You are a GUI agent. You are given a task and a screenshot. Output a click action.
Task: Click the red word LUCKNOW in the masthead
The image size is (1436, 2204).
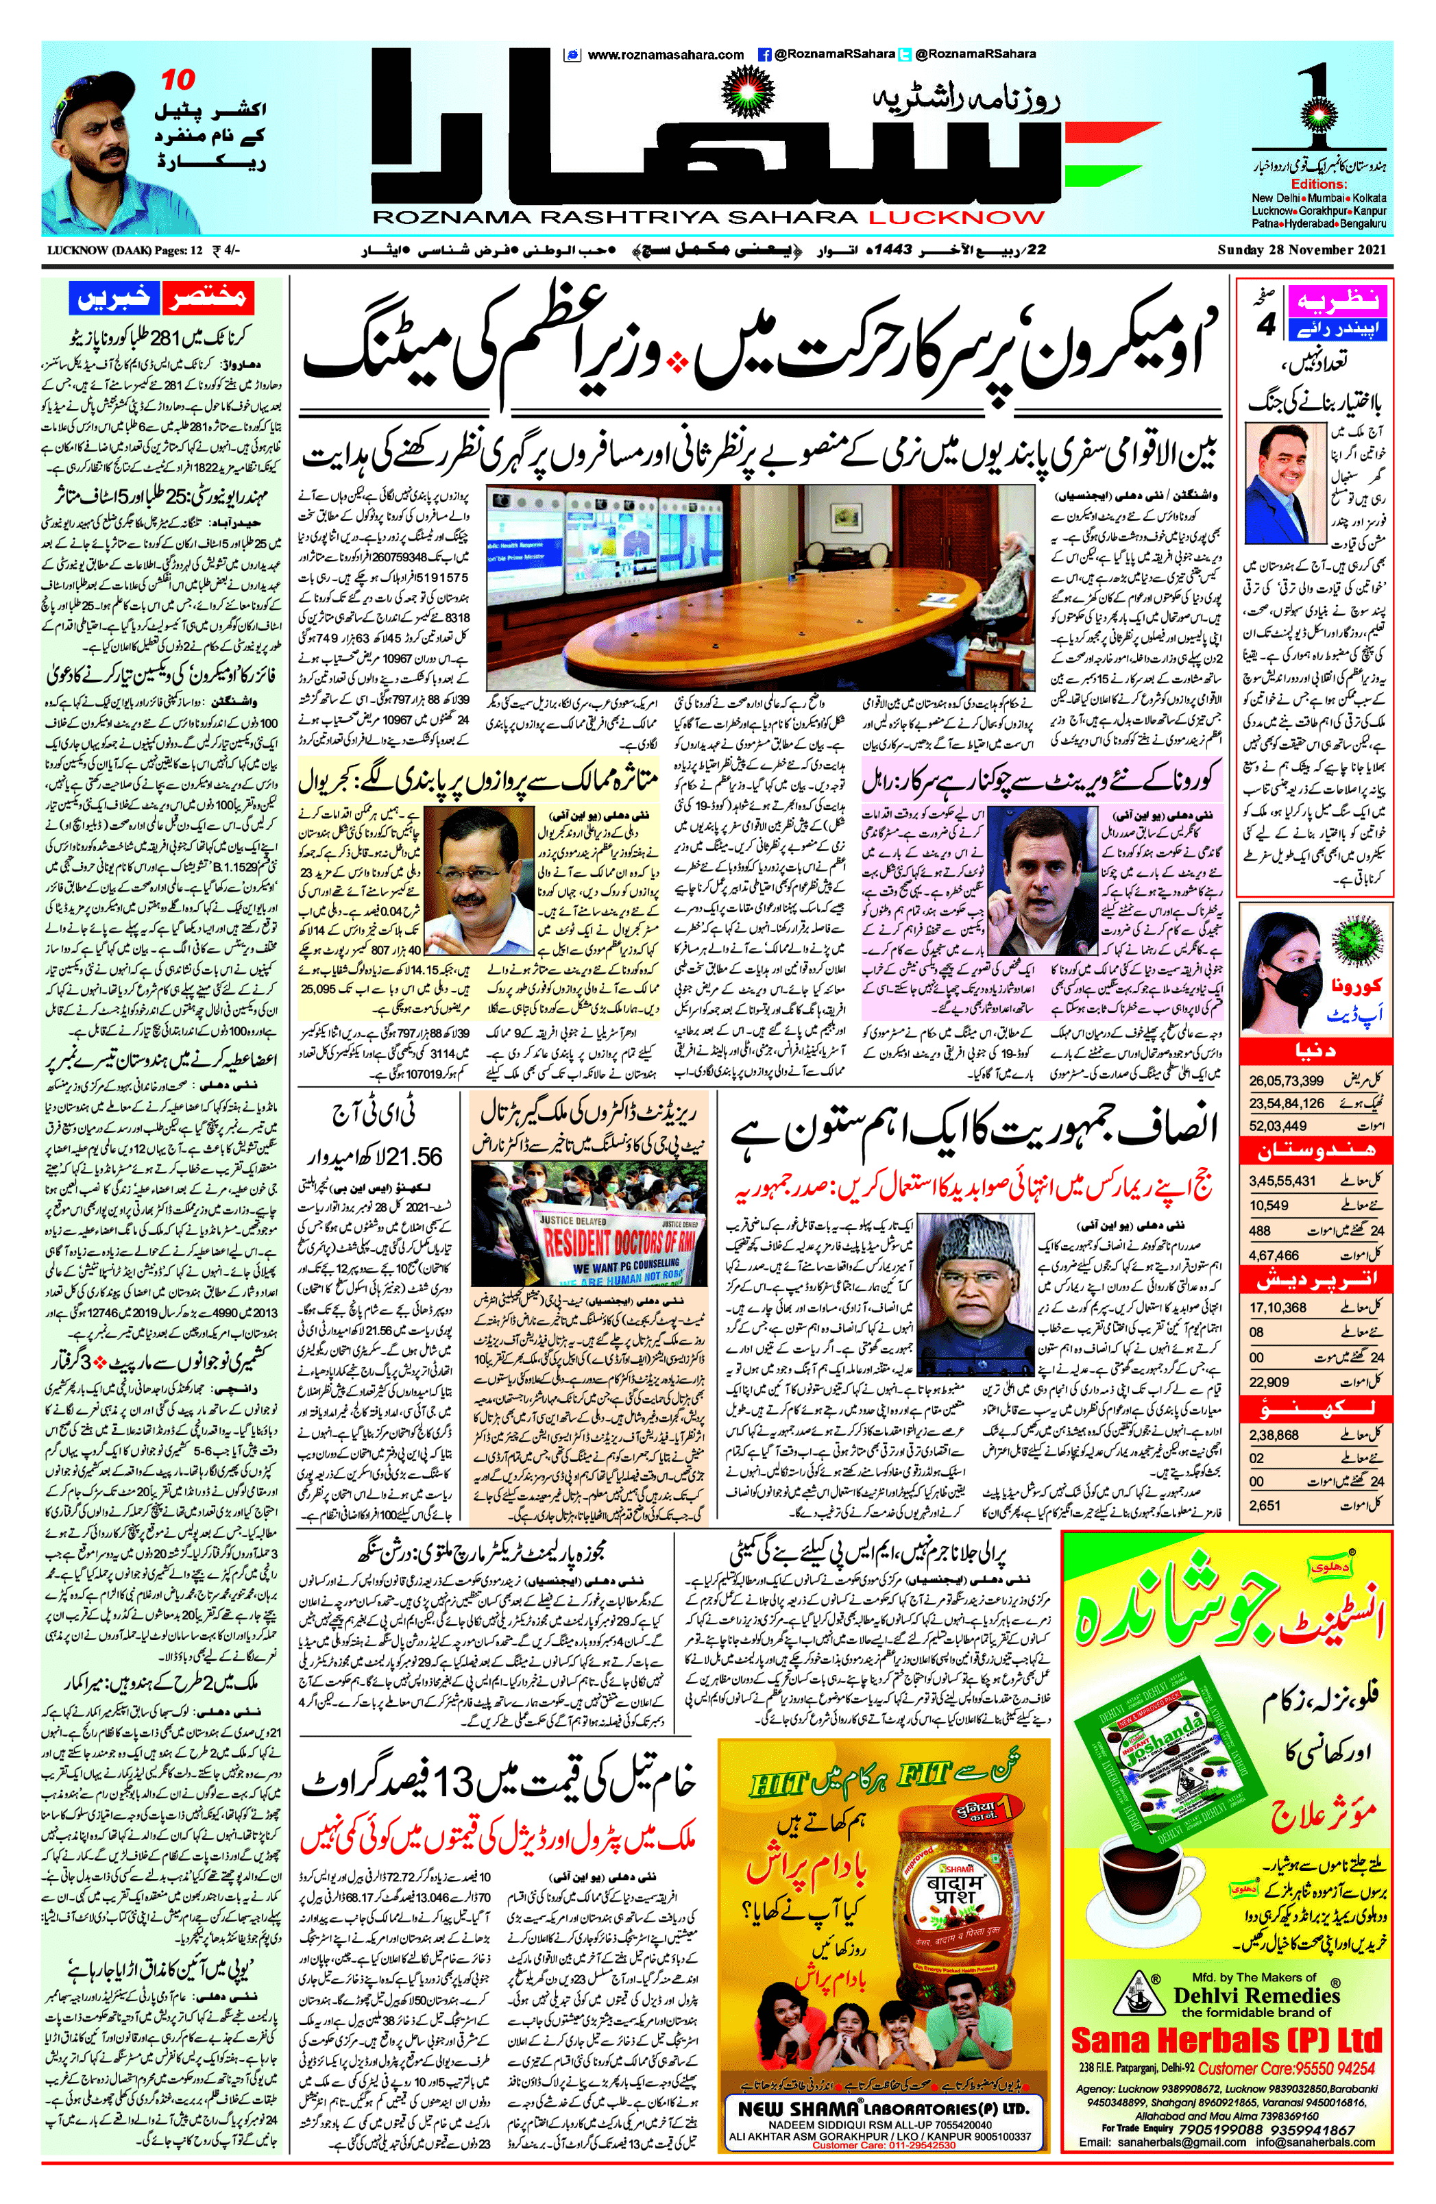(956, 218)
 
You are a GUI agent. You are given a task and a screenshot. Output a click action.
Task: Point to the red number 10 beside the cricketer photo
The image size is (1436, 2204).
(179, 81)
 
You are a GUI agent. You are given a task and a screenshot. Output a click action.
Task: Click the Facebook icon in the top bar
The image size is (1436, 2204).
(765, 55)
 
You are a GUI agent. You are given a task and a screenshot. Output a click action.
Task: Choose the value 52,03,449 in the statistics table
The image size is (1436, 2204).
(1278, 1126)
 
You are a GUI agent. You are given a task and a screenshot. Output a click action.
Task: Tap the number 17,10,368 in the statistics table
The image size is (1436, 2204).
(1278, 1308)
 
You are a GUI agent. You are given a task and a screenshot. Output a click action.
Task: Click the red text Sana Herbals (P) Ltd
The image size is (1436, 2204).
(1226, 2040)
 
